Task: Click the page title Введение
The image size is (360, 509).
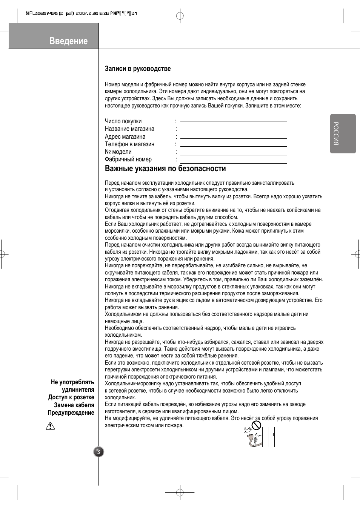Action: click(68, 41)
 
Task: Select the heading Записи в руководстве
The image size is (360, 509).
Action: click(138, 69)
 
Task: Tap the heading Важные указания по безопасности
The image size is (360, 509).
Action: click(165, 169)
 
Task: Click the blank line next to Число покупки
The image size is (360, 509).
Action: click(233, 121)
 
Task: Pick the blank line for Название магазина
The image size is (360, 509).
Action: click(233, 129)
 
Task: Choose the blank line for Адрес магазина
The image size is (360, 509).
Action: click(233, 138)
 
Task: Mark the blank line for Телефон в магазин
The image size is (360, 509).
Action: click(233, 146)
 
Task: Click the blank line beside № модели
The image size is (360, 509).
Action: click(233, 154)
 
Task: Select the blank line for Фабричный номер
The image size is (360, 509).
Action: click(233, 163)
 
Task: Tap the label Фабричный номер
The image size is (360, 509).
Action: click(128, 159)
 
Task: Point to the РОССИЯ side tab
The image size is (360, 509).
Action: click(343, 133)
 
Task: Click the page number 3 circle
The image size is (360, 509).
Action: click(98, 452)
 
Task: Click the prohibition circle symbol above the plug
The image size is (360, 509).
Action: click(257, 426)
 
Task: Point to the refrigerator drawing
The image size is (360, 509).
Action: click(268, 437)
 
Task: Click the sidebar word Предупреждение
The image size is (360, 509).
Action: click(71, 413)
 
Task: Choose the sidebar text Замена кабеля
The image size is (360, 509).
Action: click(74, 405)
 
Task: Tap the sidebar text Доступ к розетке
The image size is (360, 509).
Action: click(71, 397)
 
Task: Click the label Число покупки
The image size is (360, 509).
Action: click(123, 121)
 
